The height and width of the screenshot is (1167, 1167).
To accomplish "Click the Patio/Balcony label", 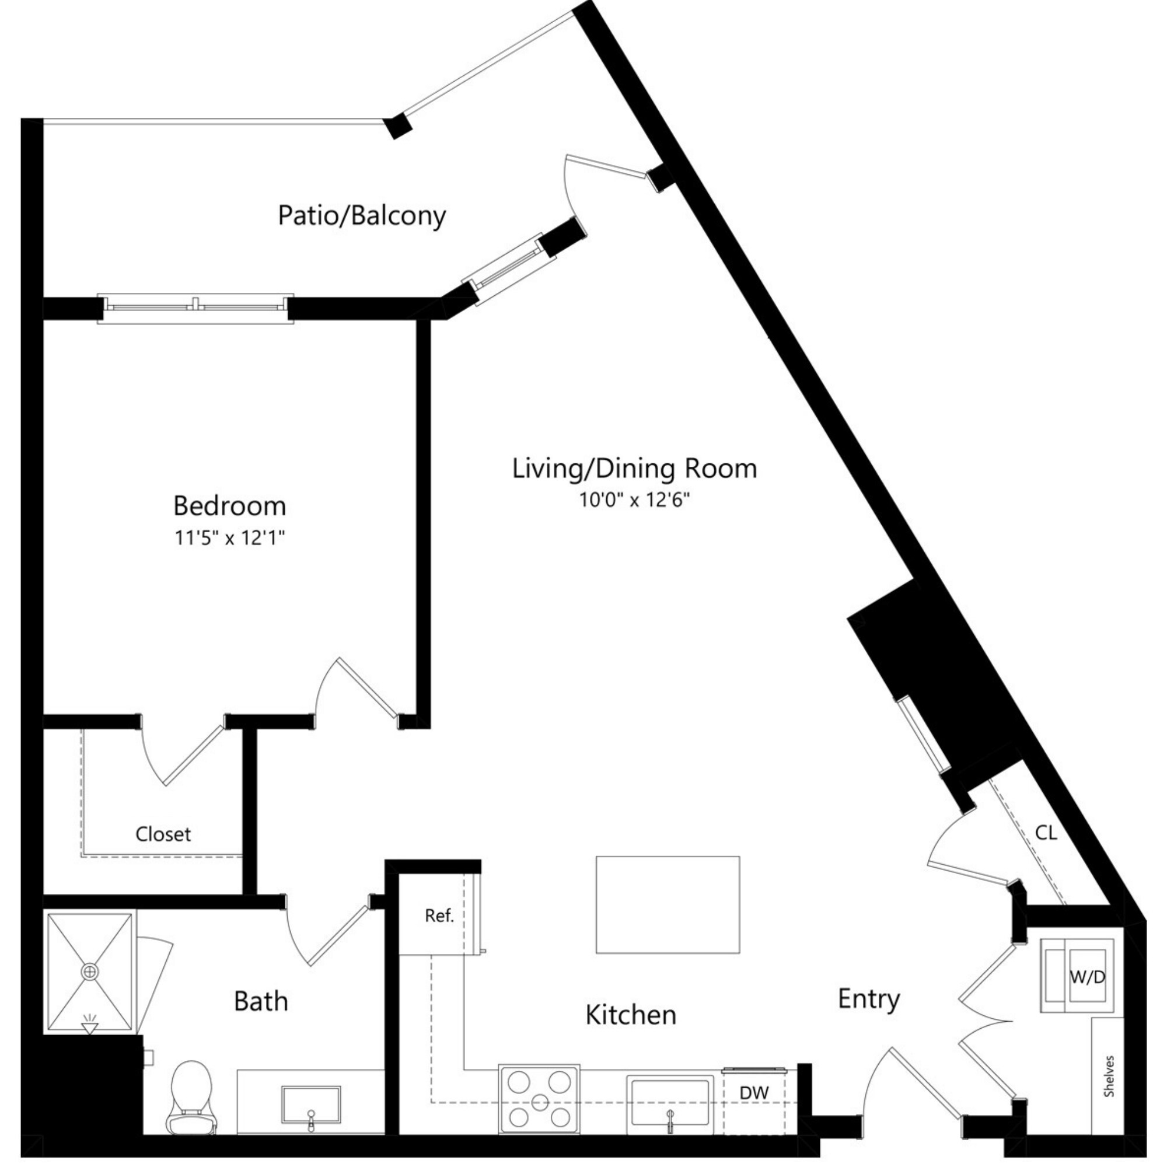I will [361, 216].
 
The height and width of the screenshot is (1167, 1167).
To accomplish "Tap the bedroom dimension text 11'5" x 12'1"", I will [229, 538].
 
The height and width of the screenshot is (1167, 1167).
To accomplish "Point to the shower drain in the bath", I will [89, 972].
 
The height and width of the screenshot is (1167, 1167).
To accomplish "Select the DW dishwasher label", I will [754, 1093].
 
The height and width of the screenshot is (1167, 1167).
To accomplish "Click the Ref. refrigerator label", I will [439, 916].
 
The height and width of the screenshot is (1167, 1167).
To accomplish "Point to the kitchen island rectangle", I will [668, 904].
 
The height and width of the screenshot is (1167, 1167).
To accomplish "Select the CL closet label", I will [1046, 834].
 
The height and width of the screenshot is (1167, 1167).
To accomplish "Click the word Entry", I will [869, 999].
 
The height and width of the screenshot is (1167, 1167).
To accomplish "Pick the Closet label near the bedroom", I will [163, 834].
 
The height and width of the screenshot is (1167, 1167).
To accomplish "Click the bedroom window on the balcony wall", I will [195, 308].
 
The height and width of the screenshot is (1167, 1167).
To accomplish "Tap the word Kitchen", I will [631, 1015].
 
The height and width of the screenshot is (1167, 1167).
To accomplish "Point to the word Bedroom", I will [229, 506].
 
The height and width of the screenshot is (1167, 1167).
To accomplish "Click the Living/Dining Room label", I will [634, 469].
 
